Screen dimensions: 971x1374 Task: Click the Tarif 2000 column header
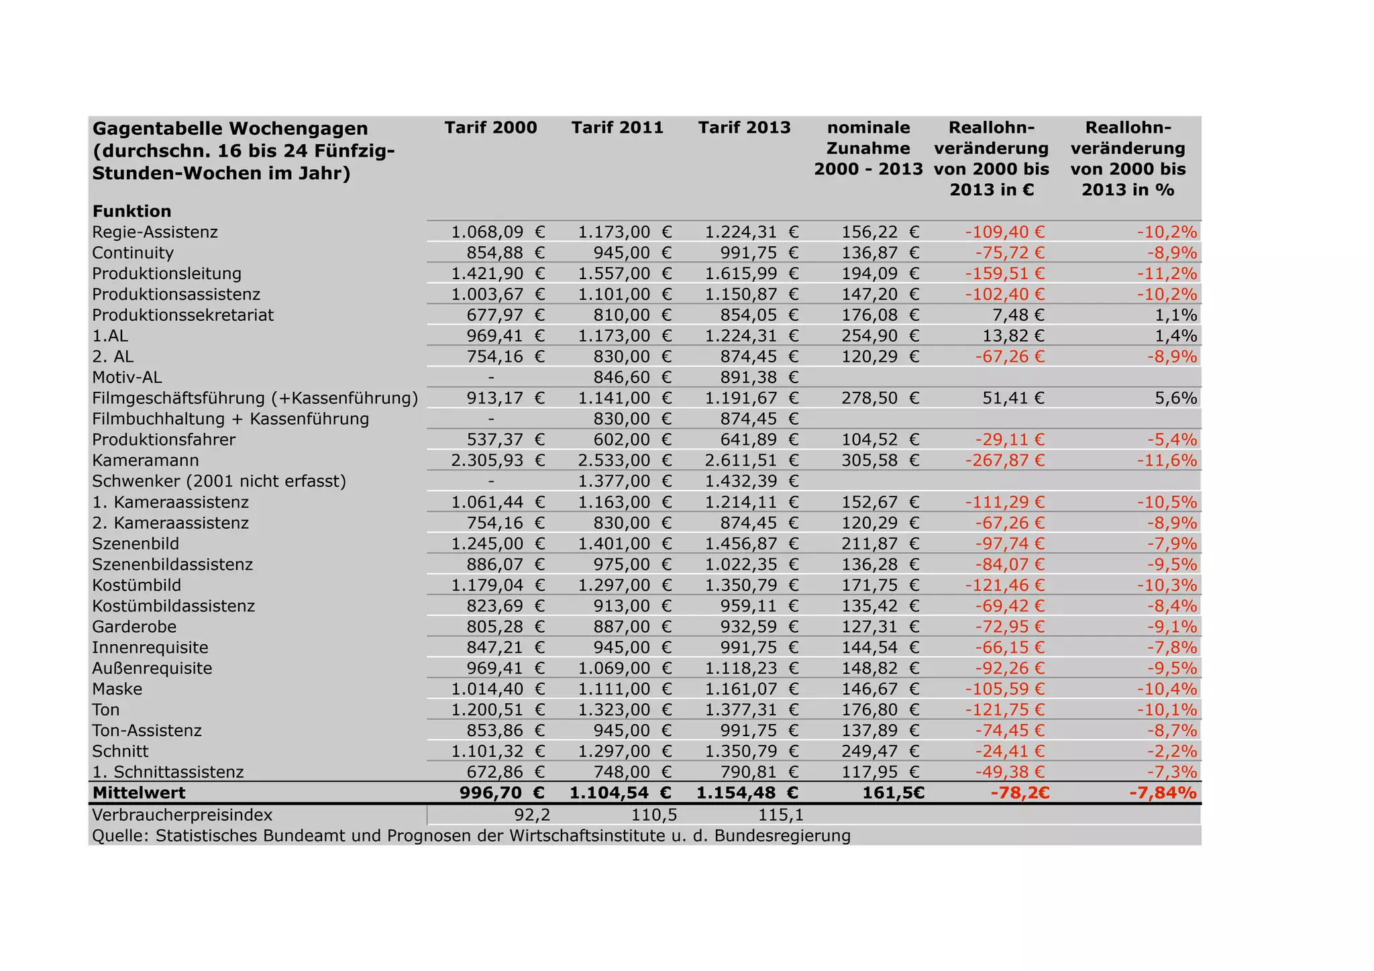coord(490,127)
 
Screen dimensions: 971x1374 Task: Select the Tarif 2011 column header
coord(617,127)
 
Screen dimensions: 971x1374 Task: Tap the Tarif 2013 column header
coord(744,127)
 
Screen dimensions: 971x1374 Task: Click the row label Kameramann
coord(146,460)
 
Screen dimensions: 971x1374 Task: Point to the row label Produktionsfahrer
coord(164,440)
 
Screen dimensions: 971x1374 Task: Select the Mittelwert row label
coord(139,793)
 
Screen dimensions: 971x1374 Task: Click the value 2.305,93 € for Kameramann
coord(497,460)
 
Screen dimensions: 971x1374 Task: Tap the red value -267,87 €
coord(1004,460)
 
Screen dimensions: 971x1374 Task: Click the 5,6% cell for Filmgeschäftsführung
coord(1175,398)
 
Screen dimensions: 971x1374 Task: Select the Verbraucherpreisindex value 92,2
coord(532,815)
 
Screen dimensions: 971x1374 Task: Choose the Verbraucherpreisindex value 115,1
coord(780,815)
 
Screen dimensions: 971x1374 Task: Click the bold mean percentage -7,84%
coord(1163,793)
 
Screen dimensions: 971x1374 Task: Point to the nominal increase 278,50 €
coord(880,398)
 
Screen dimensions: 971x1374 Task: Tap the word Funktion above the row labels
coord(132,211)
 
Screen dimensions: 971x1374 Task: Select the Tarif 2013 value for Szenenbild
coord(751,544)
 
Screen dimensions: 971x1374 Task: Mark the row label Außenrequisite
coord(152,668)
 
